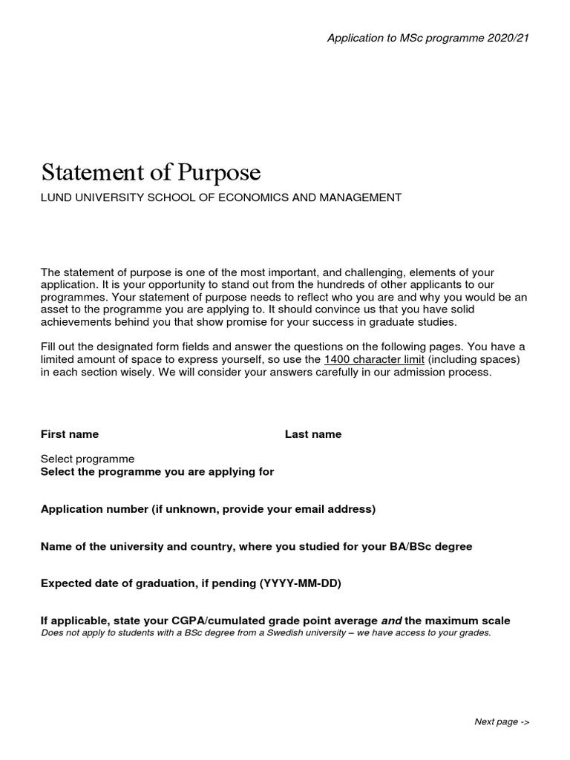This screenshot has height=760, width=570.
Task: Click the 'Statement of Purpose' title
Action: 151,172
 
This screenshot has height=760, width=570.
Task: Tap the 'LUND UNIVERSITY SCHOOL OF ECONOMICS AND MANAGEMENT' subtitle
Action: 221,197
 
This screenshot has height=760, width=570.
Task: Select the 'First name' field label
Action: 70,434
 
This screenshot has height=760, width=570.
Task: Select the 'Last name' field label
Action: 313,434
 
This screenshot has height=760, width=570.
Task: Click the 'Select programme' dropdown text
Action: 88,459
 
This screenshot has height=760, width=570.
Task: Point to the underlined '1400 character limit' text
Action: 375,360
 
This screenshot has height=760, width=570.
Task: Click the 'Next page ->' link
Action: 502,722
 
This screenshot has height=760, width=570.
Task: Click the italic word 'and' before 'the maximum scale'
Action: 391,620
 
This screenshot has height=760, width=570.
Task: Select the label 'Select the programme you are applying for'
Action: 157,472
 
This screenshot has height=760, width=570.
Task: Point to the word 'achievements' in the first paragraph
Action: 74,321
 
